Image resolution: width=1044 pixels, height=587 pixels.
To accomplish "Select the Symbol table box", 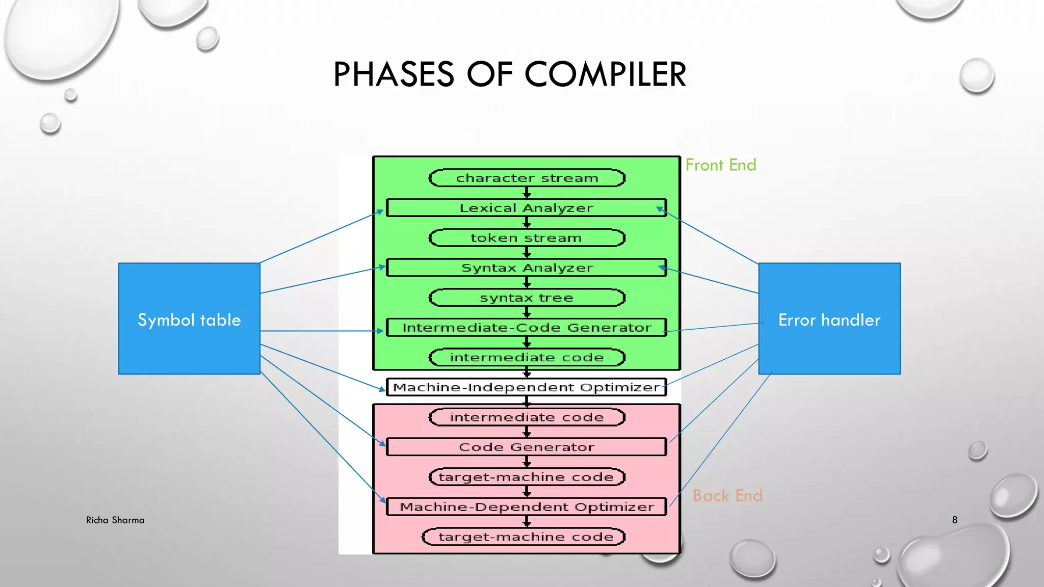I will pos(189,319).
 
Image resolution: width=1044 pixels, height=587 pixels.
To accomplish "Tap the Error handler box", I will pos(829,319).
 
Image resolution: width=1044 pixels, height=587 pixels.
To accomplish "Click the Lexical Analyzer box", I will pos(526,208).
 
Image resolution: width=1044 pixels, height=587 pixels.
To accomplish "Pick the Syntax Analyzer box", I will pos(526,268).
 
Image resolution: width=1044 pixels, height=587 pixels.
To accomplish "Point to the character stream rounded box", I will pos(527,178).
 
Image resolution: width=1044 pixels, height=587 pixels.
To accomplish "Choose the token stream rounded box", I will pos(527,238).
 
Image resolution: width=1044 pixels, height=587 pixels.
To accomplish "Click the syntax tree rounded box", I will pos(527,298).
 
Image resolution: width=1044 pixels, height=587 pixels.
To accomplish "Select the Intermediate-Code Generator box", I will pos(526,327).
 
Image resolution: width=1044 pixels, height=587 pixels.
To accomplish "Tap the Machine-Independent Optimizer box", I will pos(526,387).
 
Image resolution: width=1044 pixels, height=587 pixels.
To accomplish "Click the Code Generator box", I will pos(526,447).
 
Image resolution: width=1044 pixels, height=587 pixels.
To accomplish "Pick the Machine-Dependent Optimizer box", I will pos(526,507).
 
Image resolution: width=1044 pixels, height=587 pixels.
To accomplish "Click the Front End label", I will pos(720,165).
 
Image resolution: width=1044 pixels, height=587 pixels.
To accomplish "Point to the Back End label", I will pos(727,495).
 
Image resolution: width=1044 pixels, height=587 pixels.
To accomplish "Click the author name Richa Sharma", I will pos(115,520).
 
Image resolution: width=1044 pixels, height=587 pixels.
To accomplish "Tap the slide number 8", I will pos(955,520).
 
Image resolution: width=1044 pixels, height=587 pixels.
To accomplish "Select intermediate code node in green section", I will pos(527,358).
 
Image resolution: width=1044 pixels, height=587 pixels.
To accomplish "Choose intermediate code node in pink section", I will pos(527,417).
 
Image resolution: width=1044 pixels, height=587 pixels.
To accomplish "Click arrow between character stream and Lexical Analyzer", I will pos(527,193).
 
